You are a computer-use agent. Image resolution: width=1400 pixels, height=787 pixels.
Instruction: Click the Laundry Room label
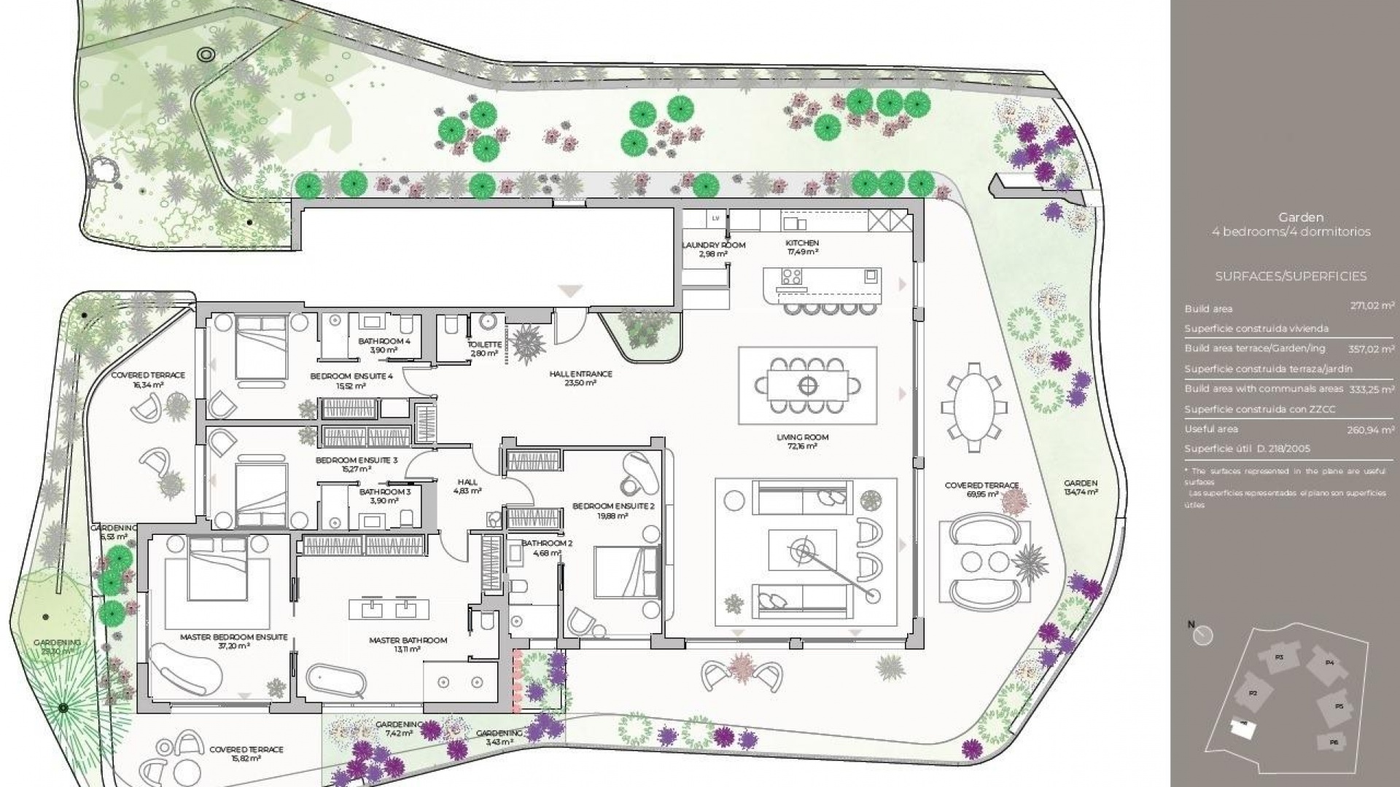click(713, 246)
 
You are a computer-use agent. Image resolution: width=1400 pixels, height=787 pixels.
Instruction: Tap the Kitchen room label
click(802, 243)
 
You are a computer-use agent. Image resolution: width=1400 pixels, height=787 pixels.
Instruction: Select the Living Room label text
click(802, 438)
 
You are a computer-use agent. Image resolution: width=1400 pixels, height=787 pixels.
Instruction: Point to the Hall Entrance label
click(580, 375)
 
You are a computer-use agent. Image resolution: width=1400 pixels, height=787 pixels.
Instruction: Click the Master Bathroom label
click(408, 641)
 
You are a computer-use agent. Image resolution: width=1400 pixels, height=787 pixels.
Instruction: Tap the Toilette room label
click(483, 345)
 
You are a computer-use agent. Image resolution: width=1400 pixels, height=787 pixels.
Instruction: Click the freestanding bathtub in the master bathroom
click(335, 681)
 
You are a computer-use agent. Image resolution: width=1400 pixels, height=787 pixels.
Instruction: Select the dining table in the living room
click(807, 385)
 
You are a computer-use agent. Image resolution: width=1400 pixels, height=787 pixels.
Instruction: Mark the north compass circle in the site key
click(1203, 636)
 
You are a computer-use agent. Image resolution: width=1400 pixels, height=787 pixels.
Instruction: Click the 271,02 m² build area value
click(1372, 307)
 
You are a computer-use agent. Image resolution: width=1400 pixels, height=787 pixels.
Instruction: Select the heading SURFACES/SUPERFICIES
click(1291, 277)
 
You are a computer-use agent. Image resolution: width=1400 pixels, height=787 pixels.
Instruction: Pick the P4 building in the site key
click(1329, 663)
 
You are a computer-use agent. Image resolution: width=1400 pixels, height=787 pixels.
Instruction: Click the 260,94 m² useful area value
click(1371, 430)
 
